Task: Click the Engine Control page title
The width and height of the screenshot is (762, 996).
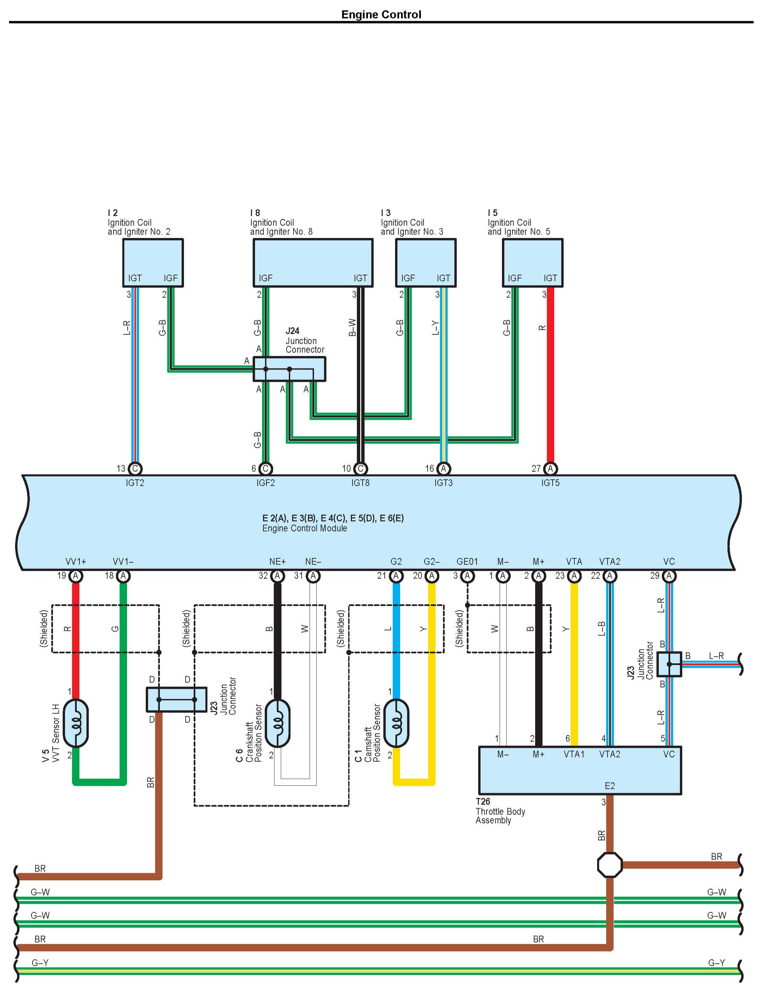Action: pos(381,14)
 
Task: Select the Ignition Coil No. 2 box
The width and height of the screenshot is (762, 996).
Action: pos(153,262)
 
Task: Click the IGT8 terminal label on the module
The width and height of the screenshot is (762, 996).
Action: pos(360,483)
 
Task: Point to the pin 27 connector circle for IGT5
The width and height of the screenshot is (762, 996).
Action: pos(550,468)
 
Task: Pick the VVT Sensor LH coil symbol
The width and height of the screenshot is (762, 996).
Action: pos(75,723)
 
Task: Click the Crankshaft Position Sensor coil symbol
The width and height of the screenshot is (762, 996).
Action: pos(277,723)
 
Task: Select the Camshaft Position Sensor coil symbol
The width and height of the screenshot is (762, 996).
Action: pos(396,723)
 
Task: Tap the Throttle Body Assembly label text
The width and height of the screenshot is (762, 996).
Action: pos(500,815)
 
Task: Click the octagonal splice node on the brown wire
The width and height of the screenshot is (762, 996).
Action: pos(610,865)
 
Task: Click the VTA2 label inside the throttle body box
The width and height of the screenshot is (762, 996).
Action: pos(610,754)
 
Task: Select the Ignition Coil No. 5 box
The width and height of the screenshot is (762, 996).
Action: pos(532,262)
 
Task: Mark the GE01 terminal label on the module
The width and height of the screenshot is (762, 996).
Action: pos(467,562)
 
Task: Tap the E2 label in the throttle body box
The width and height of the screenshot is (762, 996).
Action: pos(610,786)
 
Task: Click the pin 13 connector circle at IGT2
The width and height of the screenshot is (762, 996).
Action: pos(135,468)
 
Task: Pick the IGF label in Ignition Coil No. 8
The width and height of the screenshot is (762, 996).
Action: pos(265,278)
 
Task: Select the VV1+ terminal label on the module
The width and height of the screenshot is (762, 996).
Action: pos(76,562)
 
